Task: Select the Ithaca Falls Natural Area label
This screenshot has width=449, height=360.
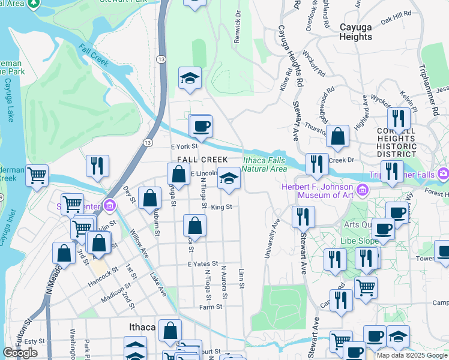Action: coord(264,164)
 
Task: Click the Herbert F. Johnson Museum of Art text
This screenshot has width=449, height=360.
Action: coord(318,191)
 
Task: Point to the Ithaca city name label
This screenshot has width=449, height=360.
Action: coord(142,327)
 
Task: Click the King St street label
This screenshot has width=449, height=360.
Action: coord(221,207)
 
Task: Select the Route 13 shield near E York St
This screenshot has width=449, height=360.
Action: coord(147,142)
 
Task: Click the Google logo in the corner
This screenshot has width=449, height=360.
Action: coord(20,353)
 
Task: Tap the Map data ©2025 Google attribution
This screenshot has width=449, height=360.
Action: coord(412,355)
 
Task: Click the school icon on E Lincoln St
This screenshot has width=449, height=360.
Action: coord(228,178)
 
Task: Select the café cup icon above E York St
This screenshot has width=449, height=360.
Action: coord(201,126)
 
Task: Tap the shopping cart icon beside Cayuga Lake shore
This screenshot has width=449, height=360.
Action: coord(37,176)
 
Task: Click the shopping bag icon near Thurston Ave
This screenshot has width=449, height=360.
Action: coord(339,136)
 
